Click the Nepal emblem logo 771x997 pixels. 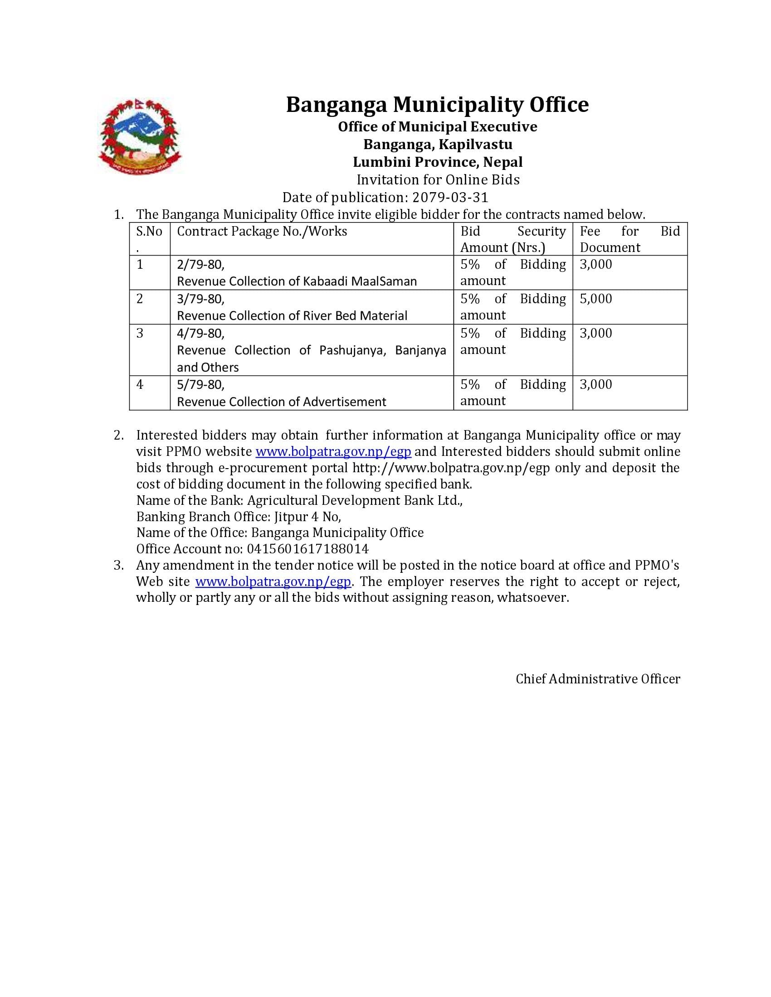pos(139,136)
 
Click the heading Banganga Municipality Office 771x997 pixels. pos(437,105)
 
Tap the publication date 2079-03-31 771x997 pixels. pos(450,197)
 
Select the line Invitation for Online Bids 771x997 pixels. pos(438,179)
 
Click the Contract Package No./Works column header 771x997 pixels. pos(262,232)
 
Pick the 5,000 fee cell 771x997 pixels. pos(595,299)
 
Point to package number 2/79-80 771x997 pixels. pos(200,264)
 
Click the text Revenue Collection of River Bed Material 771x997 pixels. pos(292,315)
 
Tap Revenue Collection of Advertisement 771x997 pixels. pos(281,402)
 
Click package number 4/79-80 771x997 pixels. pos(200,333)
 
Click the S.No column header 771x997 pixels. pos(149,232)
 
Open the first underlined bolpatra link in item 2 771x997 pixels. pos(333,451)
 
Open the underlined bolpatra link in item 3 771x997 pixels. pos(273,581)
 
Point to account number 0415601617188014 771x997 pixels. pos(307,549)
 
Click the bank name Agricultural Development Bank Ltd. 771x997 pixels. pos(355,500)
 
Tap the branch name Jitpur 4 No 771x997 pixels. pos(307,516)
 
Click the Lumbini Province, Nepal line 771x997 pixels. pos(438,162)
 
